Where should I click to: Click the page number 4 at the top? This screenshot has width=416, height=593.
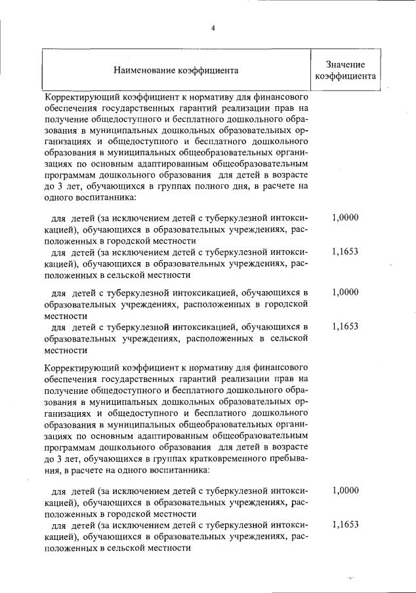(x=213, y=28)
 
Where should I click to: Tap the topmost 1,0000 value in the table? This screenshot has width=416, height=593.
(x=345, y=217)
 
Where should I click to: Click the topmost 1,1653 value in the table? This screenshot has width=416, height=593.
(x=345, y=251)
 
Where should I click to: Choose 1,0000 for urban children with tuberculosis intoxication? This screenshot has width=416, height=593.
(x=345, y=292)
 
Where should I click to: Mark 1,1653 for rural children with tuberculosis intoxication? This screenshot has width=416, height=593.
(x=345, y=326)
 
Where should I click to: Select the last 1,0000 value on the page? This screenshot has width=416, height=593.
(x=345, y=489)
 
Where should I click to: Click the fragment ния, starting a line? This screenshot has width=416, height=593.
(x=53, y=470)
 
